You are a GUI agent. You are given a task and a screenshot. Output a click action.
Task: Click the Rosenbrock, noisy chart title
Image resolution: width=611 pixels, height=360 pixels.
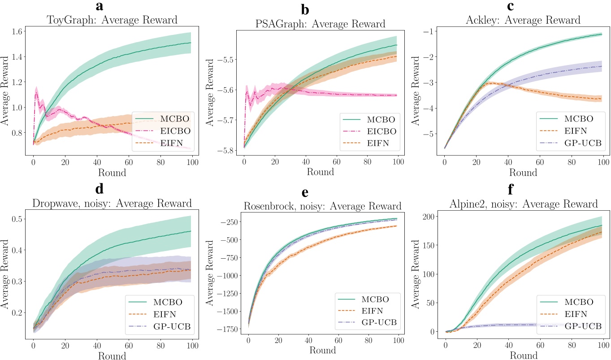click(322, 206)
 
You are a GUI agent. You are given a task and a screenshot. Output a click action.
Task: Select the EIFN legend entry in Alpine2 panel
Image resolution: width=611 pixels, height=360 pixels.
click(579, 314)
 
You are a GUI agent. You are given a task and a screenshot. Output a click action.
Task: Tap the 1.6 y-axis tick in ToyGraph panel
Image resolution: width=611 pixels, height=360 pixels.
click(17, 32)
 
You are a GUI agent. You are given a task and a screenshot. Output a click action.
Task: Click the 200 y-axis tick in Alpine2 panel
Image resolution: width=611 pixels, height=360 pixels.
click(429, 217)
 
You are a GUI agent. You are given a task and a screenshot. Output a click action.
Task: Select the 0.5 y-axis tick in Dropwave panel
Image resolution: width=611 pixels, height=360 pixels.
click(17, 219)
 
